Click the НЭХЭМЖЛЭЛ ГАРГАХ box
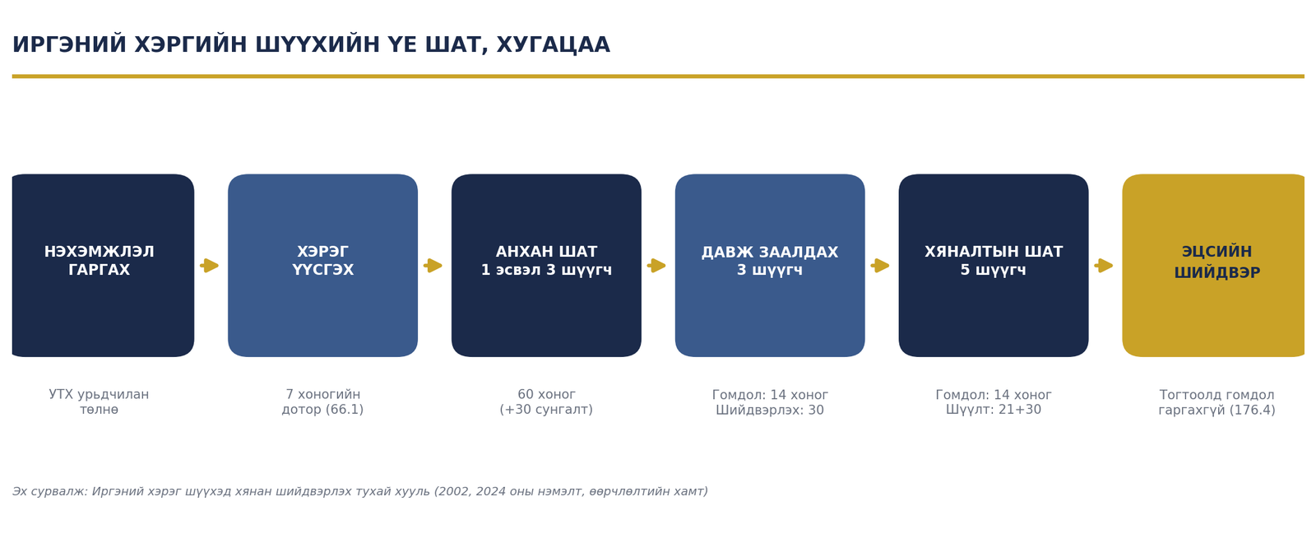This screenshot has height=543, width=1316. point(103,265)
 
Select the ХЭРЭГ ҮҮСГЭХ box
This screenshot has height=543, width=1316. point(322,265)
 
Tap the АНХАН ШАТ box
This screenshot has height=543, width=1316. point(546,265)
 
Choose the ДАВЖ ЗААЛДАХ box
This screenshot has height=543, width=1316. point(770,265)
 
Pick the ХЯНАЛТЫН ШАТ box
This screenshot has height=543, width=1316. point(994,265)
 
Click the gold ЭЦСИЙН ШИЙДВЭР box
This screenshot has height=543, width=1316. point(1213,265)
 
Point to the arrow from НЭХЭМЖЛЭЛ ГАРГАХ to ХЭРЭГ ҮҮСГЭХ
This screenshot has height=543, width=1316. point(209,266)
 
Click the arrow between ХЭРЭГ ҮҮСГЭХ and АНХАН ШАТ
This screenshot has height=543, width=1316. point(433,266)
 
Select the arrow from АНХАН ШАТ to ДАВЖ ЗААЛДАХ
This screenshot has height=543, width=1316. point(656,266)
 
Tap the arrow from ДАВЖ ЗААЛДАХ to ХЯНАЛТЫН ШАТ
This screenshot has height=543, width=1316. point(880,266)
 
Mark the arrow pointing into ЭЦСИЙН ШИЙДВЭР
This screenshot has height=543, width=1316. point(1103,266)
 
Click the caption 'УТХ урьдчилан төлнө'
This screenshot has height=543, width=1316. point(99,402)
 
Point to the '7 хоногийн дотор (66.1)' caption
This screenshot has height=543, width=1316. point(322,402)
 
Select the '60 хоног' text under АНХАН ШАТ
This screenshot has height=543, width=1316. point(546,394)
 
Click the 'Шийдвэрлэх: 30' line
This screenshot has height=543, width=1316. point(770,411)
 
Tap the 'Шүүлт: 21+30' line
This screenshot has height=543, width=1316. point(994,410)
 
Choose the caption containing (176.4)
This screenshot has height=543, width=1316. point(1216,402)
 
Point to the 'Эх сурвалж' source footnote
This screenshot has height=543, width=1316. point(360,491)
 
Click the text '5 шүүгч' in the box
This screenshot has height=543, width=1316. point(994,270)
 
